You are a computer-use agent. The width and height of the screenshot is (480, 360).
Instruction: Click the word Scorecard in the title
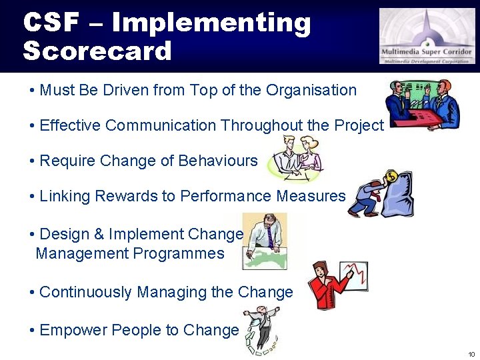point(97,51)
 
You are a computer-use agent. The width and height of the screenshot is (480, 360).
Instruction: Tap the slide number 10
point(471,353)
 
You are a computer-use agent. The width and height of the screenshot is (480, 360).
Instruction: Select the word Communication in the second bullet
point(161,125)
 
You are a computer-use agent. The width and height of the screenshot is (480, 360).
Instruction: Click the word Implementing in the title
point(211,22)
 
